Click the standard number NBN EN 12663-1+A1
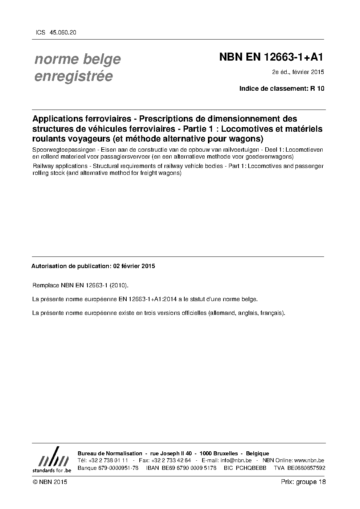271,57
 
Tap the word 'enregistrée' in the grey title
74,76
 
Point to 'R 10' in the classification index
317,89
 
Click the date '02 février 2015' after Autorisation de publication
134,266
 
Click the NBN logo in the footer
52,460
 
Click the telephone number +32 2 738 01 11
108,460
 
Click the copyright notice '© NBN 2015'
50,482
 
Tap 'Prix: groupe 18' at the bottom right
303,482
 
